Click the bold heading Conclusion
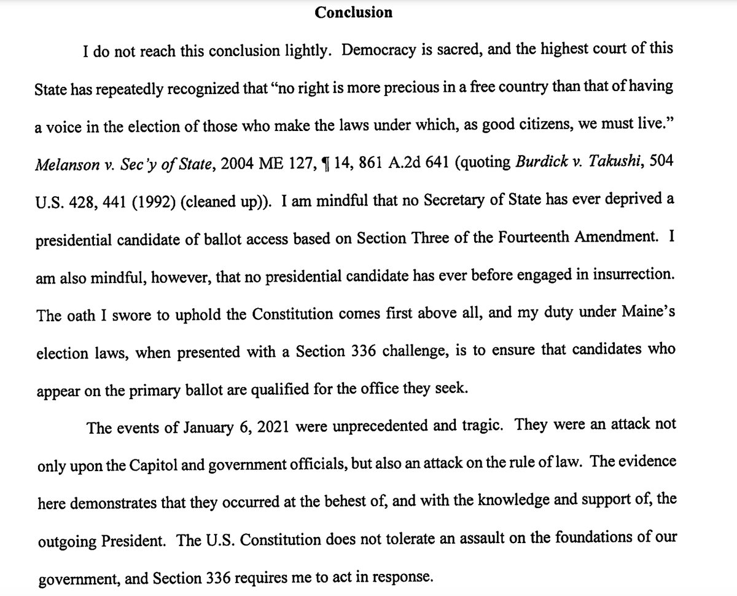coord(353,12)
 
